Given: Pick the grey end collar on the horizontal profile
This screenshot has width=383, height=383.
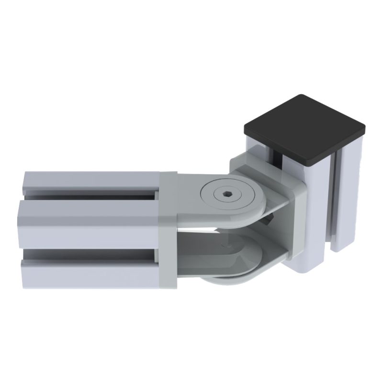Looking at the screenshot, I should click(168, 230).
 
